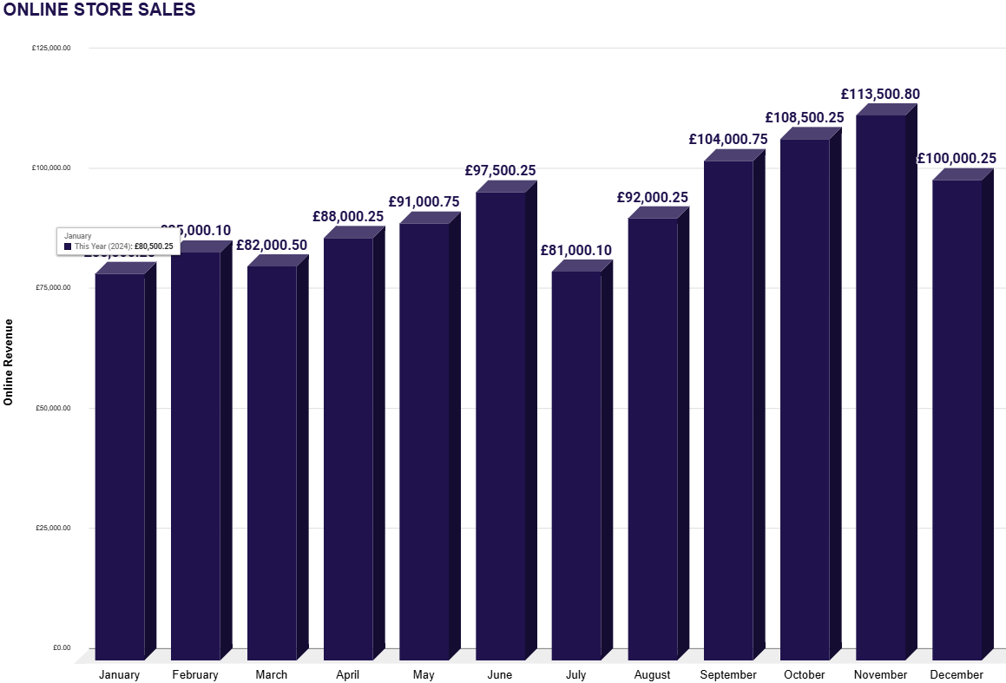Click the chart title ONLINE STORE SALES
(x=100, y=10)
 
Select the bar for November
(x=880, y=386)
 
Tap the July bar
(x=575, y=464)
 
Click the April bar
(x=348, y=448)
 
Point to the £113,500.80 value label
(x=880, y=95)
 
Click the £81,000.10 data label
(x=575, y=251)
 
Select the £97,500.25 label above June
(x=500, y=171)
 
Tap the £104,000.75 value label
(x=728, y=139)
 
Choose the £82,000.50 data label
(x=272, y=245)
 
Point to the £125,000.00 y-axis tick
(x=51, y=49)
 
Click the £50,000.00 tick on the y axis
(x=52, y=408)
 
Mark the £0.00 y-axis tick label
(x=60, y=647)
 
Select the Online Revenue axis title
(x=9, y=362)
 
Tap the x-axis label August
(x=652, y=674)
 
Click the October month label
(x=804, y=674)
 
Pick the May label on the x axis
(x=424, y=674)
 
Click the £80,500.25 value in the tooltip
(x=154, y=246)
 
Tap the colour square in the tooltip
(x=69, y=246)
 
